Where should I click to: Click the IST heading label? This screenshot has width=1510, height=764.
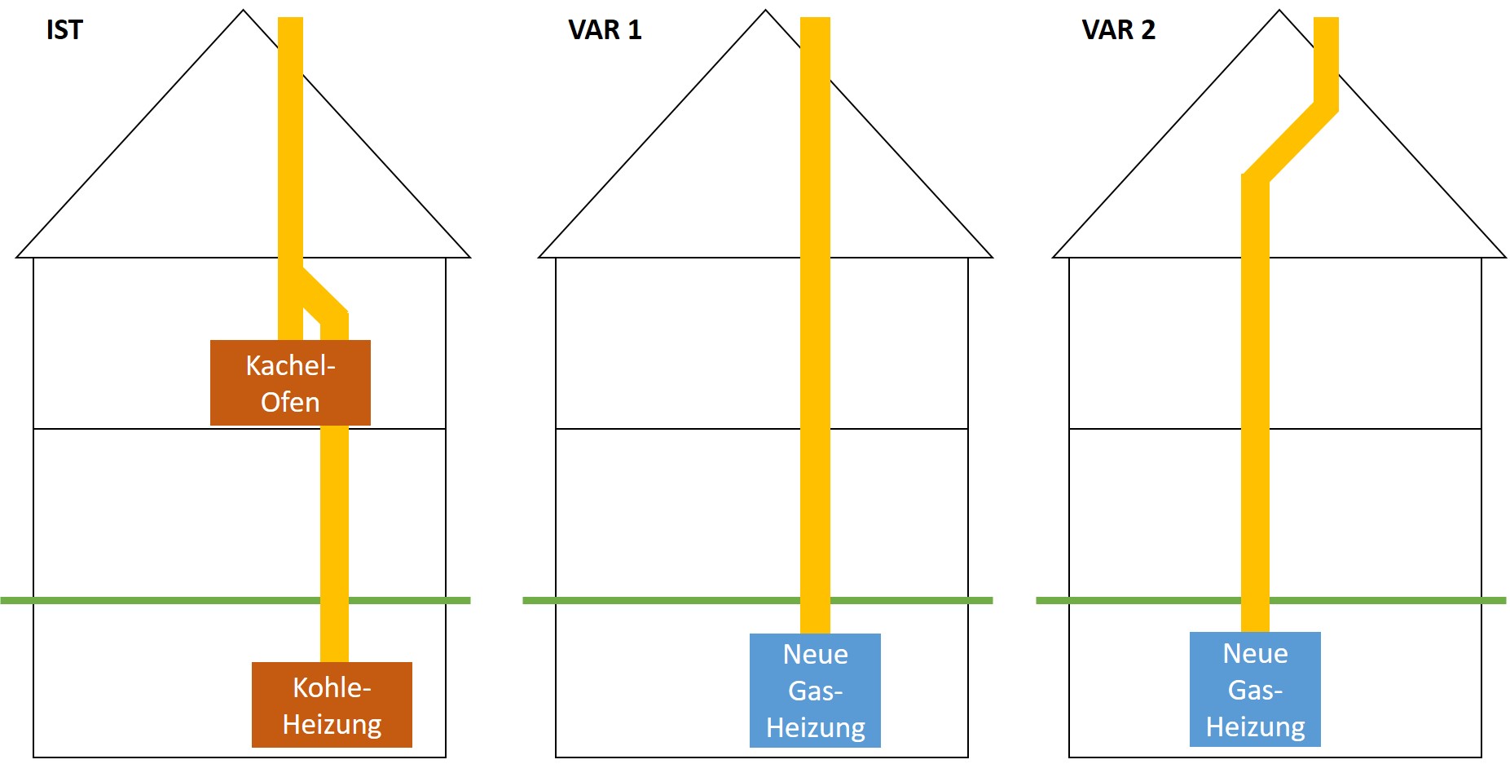coord(64,30)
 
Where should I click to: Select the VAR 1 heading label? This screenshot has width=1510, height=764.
coord(605,30)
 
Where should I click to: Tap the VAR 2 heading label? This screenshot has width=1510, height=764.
coord(1118,30)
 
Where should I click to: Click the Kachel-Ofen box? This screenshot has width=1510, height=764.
coord(290,382)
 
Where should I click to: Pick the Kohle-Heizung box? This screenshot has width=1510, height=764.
coord(332,704)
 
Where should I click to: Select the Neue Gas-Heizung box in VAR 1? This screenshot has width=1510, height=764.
coord(815,690)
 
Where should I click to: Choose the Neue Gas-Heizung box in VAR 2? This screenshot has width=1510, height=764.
coord(1255,689)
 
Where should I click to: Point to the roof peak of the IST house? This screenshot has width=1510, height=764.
coord(243,11)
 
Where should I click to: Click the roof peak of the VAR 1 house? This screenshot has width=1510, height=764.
coord(765,11)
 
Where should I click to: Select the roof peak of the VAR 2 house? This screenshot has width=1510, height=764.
coord(1279,11)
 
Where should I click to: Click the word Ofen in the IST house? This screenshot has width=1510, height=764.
coord(290,402)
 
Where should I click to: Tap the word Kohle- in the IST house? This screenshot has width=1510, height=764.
coord(332,687)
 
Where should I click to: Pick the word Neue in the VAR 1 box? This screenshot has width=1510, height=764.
coord(815,654)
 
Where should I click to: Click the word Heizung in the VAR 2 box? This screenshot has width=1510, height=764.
coord(1255,726)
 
